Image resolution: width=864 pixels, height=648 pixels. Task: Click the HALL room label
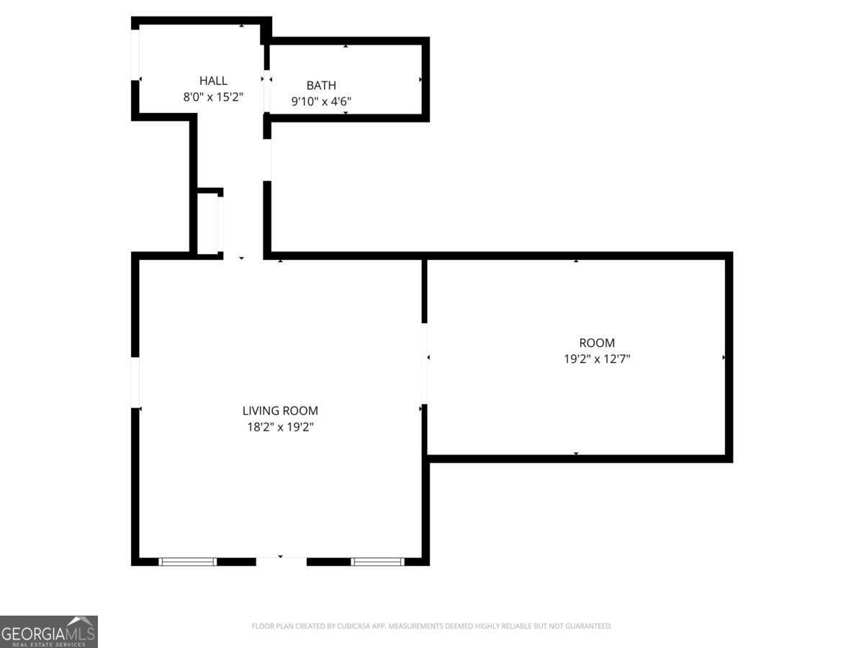[213, 81]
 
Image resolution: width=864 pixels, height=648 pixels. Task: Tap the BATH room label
[321, 85]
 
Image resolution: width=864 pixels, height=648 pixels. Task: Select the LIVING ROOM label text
[280, 411]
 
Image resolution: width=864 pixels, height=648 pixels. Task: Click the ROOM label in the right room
[597, 343]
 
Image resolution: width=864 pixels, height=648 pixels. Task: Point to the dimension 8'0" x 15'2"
[213, 97]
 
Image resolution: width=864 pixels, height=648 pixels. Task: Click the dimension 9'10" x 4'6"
[321, 102]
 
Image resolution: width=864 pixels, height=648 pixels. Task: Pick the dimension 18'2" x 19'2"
[280, 427]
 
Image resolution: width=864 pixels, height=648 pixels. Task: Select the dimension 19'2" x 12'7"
[597, 359]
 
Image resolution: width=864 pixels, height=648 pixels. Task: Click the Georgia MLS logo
[48, 631]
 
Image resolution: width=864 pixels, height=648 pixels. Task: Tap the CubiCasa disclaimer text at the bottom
[431, 626]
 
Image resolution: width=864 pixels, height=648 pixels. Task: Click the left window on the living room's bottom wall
[187, 562]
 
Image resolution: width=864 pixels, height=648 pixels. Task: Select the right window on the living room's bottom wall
[377, 562]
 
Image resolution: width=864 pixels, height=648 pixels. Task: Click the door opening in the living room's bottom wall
[281, 560]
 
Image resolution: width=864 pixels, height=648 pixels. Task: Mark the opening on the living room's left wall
[135, 382]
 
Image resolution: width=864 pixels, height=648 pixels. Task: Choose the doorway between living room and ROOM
[425, 364]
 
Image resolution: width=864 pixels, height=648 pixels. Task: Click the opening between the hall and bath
[267, 91]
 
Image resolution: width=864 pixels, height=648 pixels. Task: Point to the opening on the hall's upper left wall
[135, 55]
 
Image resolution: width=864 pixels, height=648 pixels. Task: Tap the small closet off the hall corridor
[208, 223]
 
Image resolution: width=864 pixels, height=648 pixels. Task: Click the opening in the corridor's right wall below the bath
[267, 160]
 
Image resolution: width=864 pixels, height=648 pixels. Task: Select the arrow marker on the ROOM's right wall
[724, 357]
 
